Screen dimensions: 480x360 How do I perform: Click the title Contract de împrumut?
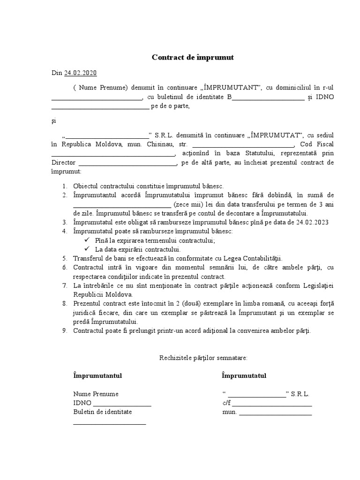point(193,58)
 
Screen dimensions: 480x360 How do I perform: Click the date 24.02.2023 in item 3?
point(313,222)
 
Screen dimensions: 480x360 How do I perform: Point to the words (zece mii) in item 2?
point(187,204)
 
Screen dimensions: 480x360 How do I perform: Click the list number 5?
point(65,258)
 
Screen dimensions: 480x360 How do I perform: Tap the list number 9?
point(65,331)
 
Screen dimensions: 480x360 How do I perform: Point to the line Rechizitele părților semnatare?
point(202,358)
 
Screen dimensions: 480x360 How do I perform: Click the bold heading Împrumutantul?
point(98,376)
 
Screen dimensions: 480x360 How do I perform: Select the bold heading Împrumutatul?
point(244,376)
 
